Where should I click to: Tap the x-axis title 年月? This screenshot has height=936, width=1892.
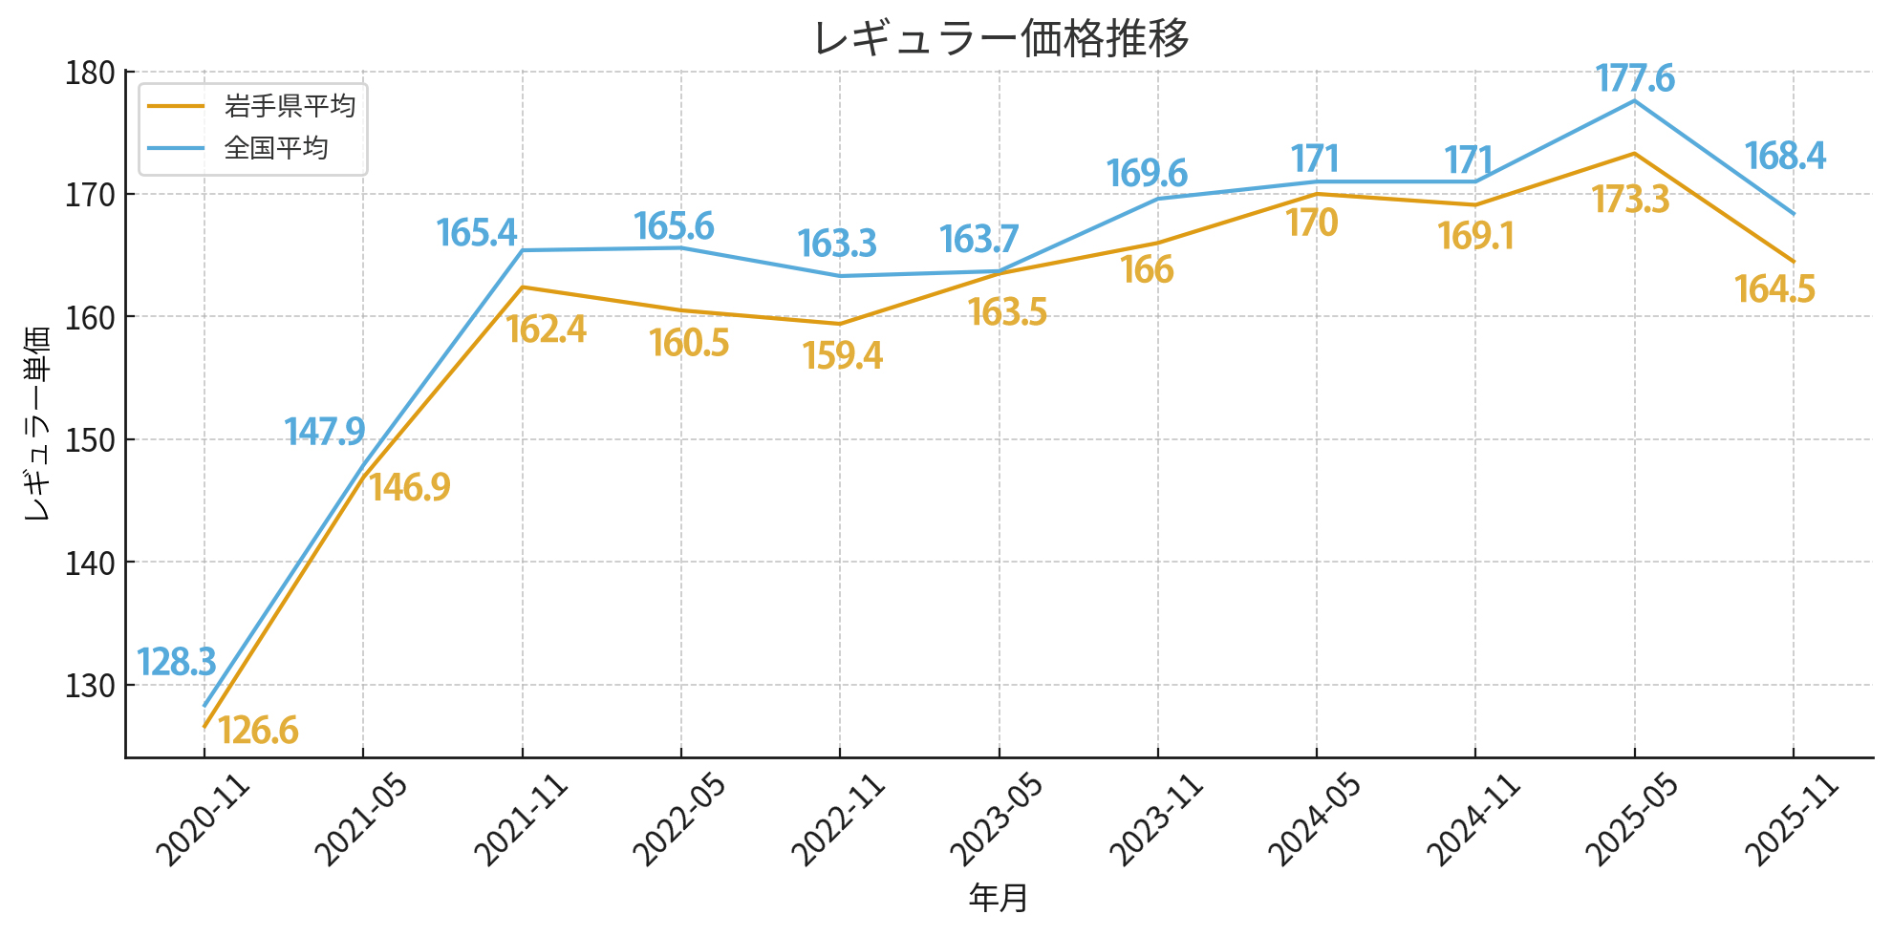[x=999, y=898]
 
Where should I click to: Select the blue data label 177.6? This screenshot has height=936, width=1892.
[x=1635, y=79]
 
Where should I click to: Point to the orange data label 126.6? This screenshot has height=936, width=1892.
[x=258, y=731]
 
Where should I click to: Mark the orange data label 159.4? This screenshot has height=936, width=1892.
[x=843, y=356]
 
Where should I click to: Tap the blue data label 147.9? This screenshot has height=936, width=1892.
[x=324, y=433]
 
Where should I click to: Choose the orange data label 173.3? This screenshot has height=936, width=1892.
[x=1630, y=200]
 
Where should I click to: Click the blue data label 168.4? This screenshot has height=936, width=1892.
[x=1785, y=157]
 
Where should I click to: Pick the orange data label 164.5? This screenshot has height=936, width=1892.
[x=1774, y=289]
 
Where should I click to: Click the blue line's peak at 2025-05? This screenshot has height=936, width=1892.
[x=1634, y=100]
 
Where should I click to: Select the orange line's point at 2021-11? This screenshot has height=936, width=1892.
[x=522, y=287]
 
